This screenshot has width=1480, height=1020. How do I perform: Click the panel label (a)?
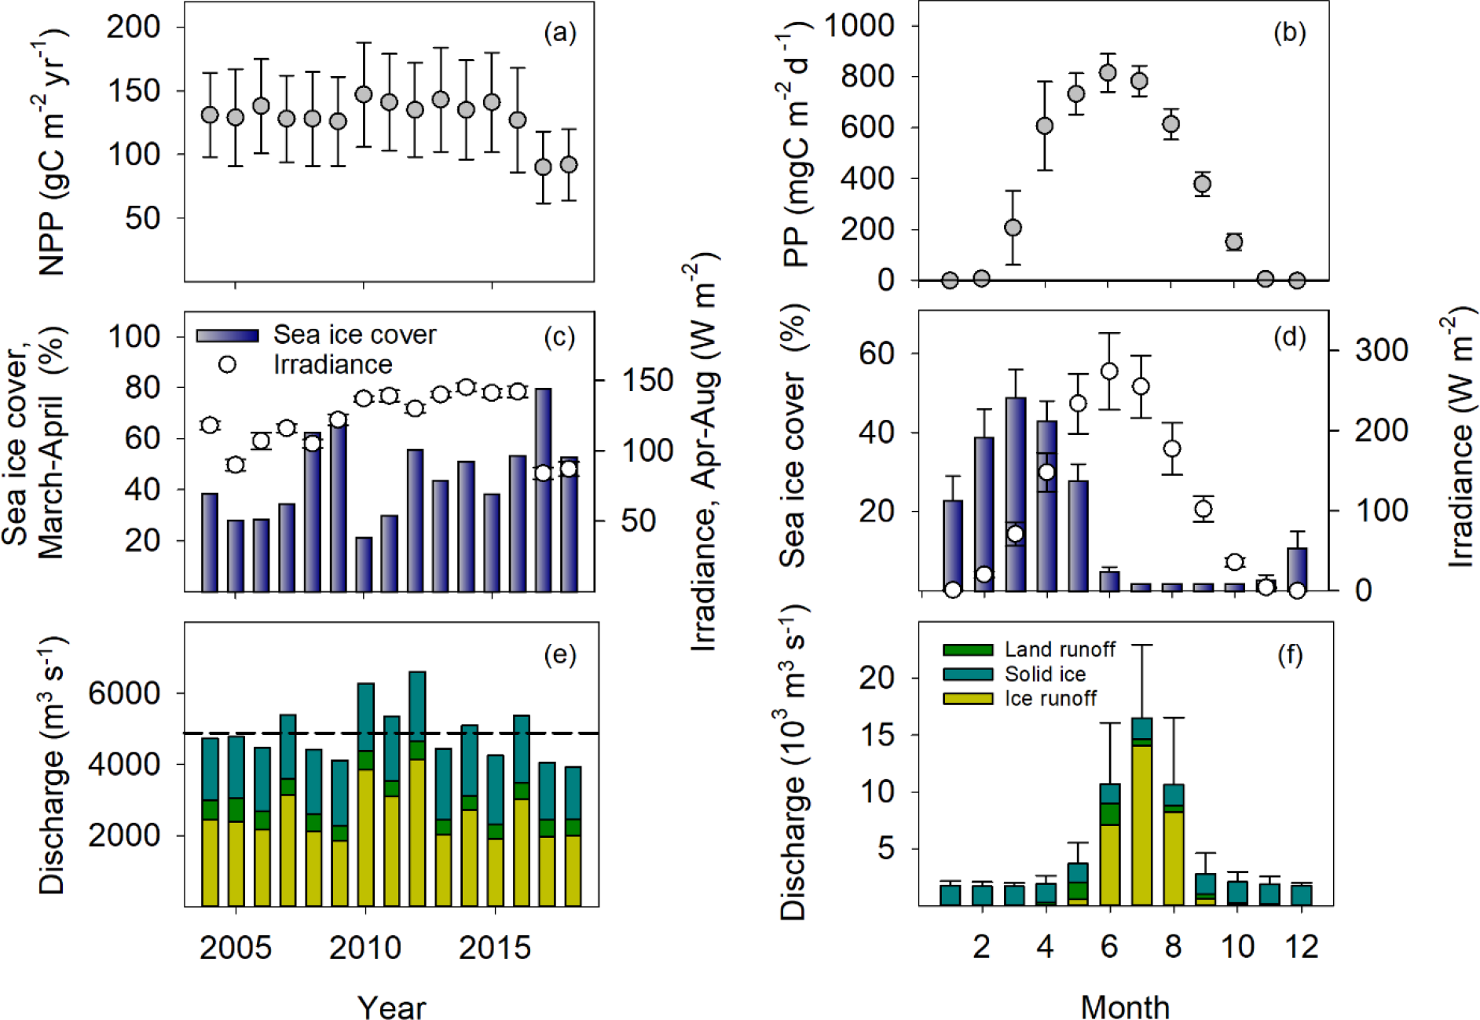[559, 33]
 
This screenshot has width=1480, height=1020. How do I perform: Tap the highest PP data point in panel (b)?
[1108, 74]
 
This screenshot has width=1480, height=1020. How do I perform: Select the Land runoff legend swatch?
[968, 650]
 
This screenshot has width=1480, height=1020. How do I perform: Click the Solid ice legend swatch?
[968, 675]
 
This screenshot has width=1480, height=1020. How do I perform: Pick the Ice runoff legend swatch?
[968, 698]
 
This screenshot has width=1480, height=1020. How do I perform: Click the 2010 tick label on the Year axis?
[365, 948]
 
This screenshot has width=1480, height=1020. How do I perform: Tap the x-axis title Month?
[1124, 1007]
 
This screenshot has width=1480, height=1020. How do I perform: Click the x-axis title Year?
[391, 1007]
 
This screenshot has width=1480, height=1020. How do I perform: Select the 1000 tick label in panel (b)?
[859, 26]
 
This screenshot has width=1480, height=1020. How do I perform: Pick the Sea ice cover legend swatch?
[227, 335]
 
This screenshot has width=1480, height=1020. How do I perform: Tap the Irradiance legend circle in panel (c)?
[227, 364]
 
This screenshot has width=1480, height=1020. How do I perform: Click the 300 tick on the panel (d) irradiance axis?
[1381, 350]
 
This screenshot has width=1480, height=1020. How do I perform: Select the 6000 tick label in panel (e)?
[125, 693]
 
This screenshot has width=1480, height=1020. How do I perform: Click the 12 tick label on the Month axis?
[1301, 948]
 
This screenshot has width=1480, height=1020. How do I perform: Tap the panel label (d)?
[1288, 338]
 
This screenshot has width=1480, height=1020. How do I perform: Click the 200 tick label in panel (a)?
[134, 27]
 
